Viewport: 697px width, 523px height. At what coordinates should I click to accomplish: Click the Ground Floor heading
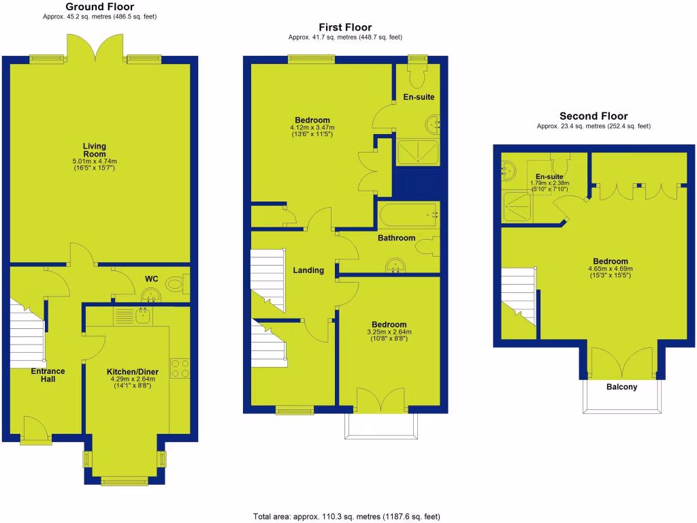99,6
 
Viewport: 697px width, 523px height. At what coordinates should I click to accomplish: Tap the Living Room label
95,150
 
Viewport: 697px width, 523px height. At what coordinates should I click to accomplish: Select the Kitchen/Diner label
133,371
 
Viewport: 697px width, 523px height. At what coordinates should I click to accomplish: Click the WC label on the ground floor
151,279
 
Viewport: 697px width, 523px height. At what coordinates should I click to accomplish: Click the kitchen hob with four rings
180,368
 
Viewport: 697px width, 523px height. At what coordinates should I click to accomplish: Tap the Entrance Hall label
48,375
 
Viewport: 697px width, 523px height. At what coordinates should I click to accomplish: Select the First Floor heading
345,27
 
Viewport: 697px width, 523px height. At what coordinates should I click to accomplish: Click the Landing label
308,270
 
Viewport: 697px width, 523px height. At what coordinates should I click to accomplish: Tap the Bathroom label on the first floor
396,238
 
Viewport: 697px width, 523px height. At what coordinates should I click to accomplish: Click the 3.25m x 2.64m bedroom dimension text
389,332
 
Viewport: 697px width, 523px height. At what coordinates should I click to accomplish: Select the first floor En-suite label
419,97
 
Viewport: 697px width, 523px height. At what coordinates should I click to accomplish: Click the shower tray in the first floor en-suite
418,153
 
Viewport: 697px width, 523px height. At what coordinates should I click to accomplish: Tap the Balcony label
621,387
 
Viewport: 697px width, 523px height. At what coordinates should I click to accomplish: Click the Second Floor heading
594,116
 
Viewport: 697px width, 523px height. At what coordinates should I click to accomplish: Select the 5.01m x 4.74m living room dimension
95,161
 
